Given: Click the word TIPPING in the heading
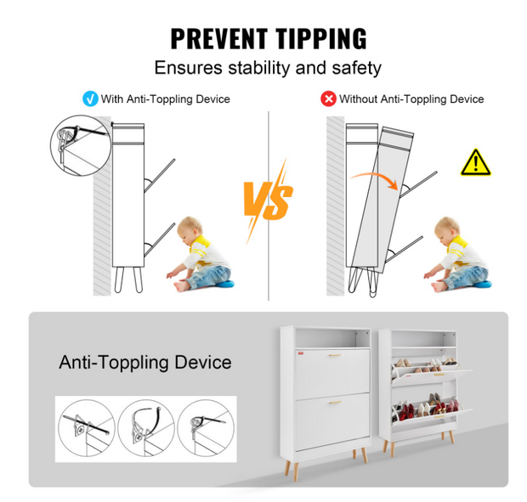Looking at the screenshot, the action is coord(321,39).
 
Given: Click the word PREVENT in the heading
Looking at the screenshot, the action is coord(219,39).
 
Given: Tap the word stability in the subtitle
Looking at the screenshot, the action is coord(259,68).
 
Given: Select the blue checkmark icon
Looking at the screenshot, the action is coord(90,99).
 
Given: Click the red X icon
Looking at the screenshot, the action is coord(328,99).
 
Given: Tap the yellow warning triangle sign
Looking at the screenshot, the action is coord(476,163).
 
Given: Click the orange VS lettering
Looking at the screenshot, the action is coord(269,200).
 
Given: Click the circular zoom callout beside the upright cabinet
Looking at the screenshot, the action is coord(81,145).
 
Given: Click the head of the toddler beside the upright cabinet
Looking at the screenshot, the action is coord(190,229).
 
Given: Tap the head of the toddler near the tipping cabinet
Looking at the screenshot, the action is coord(446,229).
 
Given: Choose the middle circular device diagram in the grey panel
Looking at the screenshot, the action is coord(146,428).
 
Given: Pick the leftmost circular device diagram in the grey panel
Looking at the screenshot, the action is coord(87,428).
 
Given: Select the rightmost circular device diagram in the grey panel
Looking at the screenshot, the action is coord(206,428).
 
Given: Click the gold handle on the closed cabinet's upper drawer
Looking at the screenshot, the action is coord(335,355).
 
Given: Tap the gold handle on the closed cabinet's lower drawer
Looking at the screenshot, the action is coord(335,402).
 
